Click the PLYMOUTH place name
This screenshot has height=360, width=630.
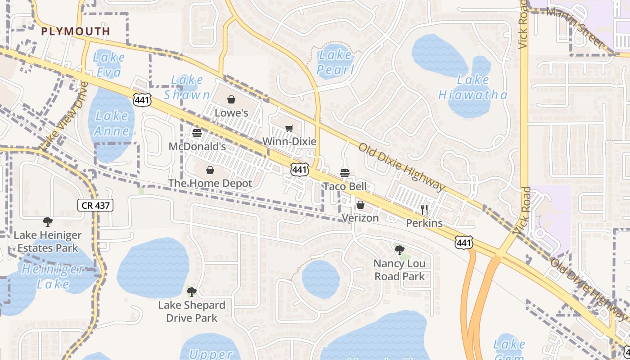[x=75, y=31]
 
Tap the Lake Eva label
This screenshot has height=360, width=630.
[x=109, y=65]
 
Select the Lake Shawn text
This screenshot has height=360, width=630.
[x=187, y=87]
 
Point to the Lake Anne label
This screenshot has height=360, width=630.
[x=112, y=123]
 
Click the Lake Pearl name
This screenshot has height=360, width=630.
[x=335, y=62]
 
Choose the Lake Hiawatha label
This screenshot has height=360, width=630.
[x=473, y=87]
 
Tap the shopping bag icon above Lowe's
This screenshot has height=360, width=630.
[x=231, y=99]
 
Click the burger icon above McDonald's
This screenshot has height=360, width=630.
[x=197, y=133]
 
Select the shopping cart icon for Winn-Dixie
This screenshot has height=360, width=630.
[x=289, y=129]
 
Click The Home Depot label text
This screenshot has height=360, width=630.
[x=210, y=183]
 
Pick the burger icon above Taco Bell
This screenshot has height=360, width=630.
[x=345, y=173]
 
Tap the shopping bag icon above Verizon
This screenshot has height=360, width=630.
[x=360, y=205]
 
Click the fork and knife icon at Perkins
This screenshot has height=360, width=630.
[x=424, y=209]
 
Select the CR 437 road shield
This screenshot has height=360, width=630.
[x=95, y=206]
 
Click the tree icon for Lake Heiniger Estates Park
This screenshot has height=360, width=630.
[x=48, y=221]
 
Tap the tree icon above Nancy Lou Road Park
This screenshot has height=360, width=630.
[x=399, y=250]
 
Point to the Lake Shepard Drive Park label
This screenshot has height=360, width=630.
[x=192, y=311]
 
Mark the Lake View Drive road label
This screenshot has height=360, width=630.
[x=63, y=117]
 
